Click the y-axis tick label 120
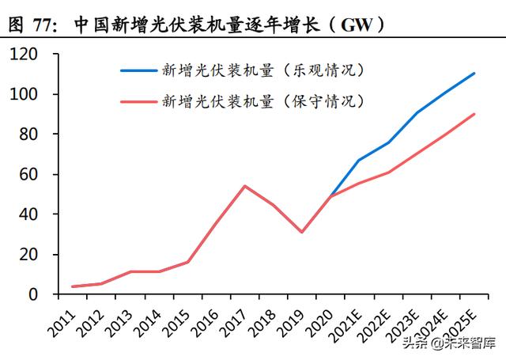pos(25,55)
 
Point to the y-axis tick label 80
pos(28,135)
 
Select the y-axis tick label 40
pos(28,214)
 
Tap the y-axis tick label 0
pos(32,294)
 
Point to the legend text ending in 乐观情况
pos(263,70)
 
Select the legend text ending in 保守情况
pos(263,101)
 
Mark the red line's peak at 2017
pos(244,186)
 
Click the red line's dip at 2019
pos(301,232)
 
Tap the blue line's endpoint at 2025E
pos(474,74)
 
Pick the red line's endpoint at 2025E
pos(474,114)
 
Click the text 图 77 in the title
pos(32,25)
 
